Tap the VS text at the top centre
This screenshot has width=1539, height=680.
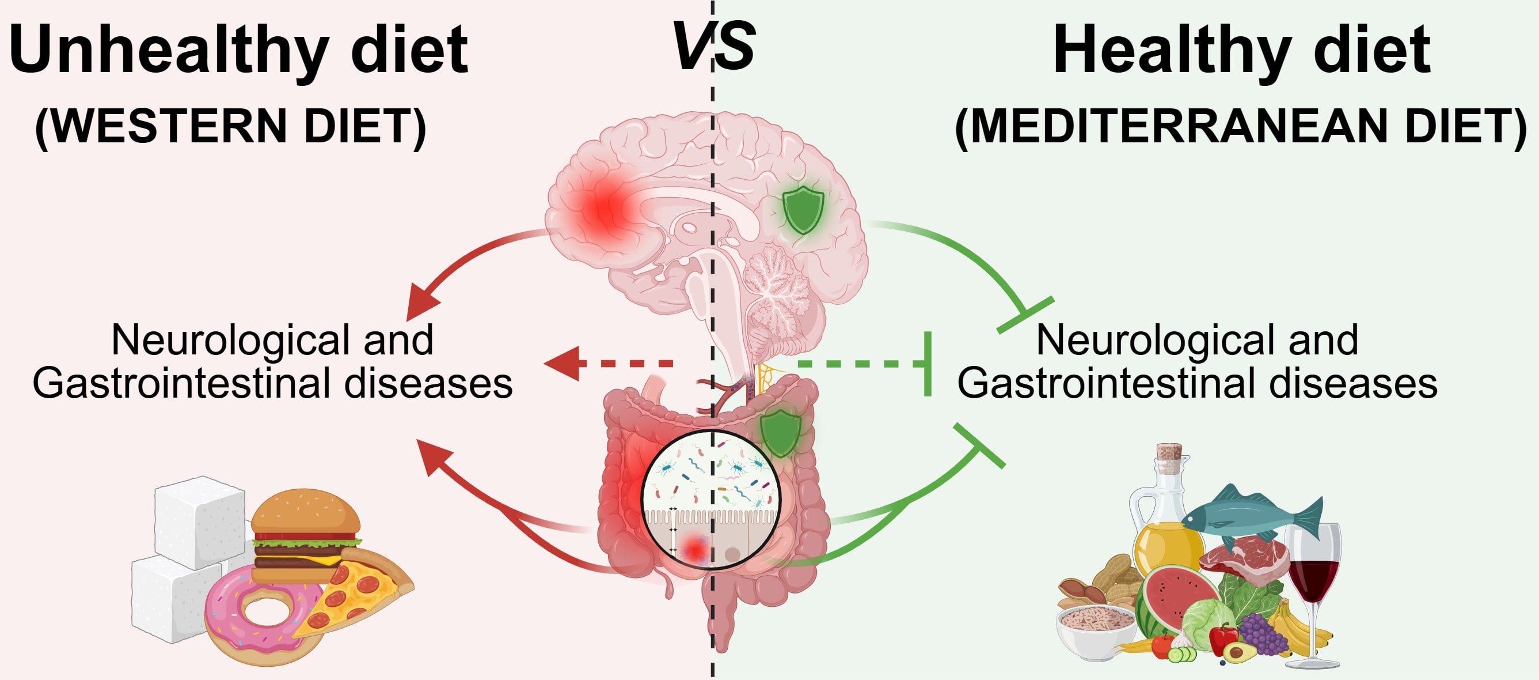[713, 45]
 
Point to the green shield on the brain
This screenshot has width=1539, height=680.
[803, 209]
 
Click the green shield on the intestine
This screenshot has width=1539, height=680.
[779, 432]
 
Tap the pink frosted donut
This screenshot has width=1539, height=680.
[263, 616]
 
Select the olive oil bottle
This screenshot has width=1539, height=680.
[1165, 526]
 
